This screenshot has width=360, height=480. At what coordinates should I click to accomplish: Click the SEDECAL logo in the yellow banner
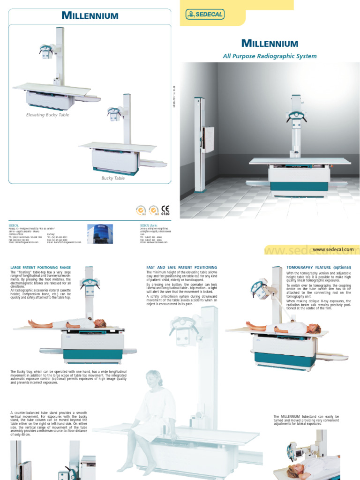(x=205, y=15)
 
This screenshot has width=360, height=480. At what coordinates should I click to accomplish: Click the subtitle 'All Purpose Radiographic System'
(x=270, y=56)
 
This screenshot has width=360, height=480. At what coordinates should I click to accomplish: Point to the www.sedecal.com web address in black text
(x=333, y=250)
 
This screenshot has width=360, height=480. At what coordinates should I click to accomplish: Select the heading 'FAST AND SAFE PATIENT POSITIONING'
(x=182, y=267)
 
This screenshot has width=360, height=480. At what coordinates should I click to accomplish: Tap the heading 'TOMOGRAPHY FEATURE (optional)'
(x=318, y=267)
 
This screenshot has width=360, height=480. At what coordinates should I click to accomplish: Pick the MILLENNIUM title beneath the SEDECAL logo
(x=270, y=44)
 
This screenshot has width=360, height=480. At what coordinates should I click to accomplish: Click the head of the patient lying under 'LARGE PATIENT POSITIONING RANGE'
(x=100, y=323)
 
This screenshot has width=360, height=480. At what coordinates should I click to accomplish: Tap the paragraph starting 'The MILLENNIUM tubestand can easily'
(x=306, y=420)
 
